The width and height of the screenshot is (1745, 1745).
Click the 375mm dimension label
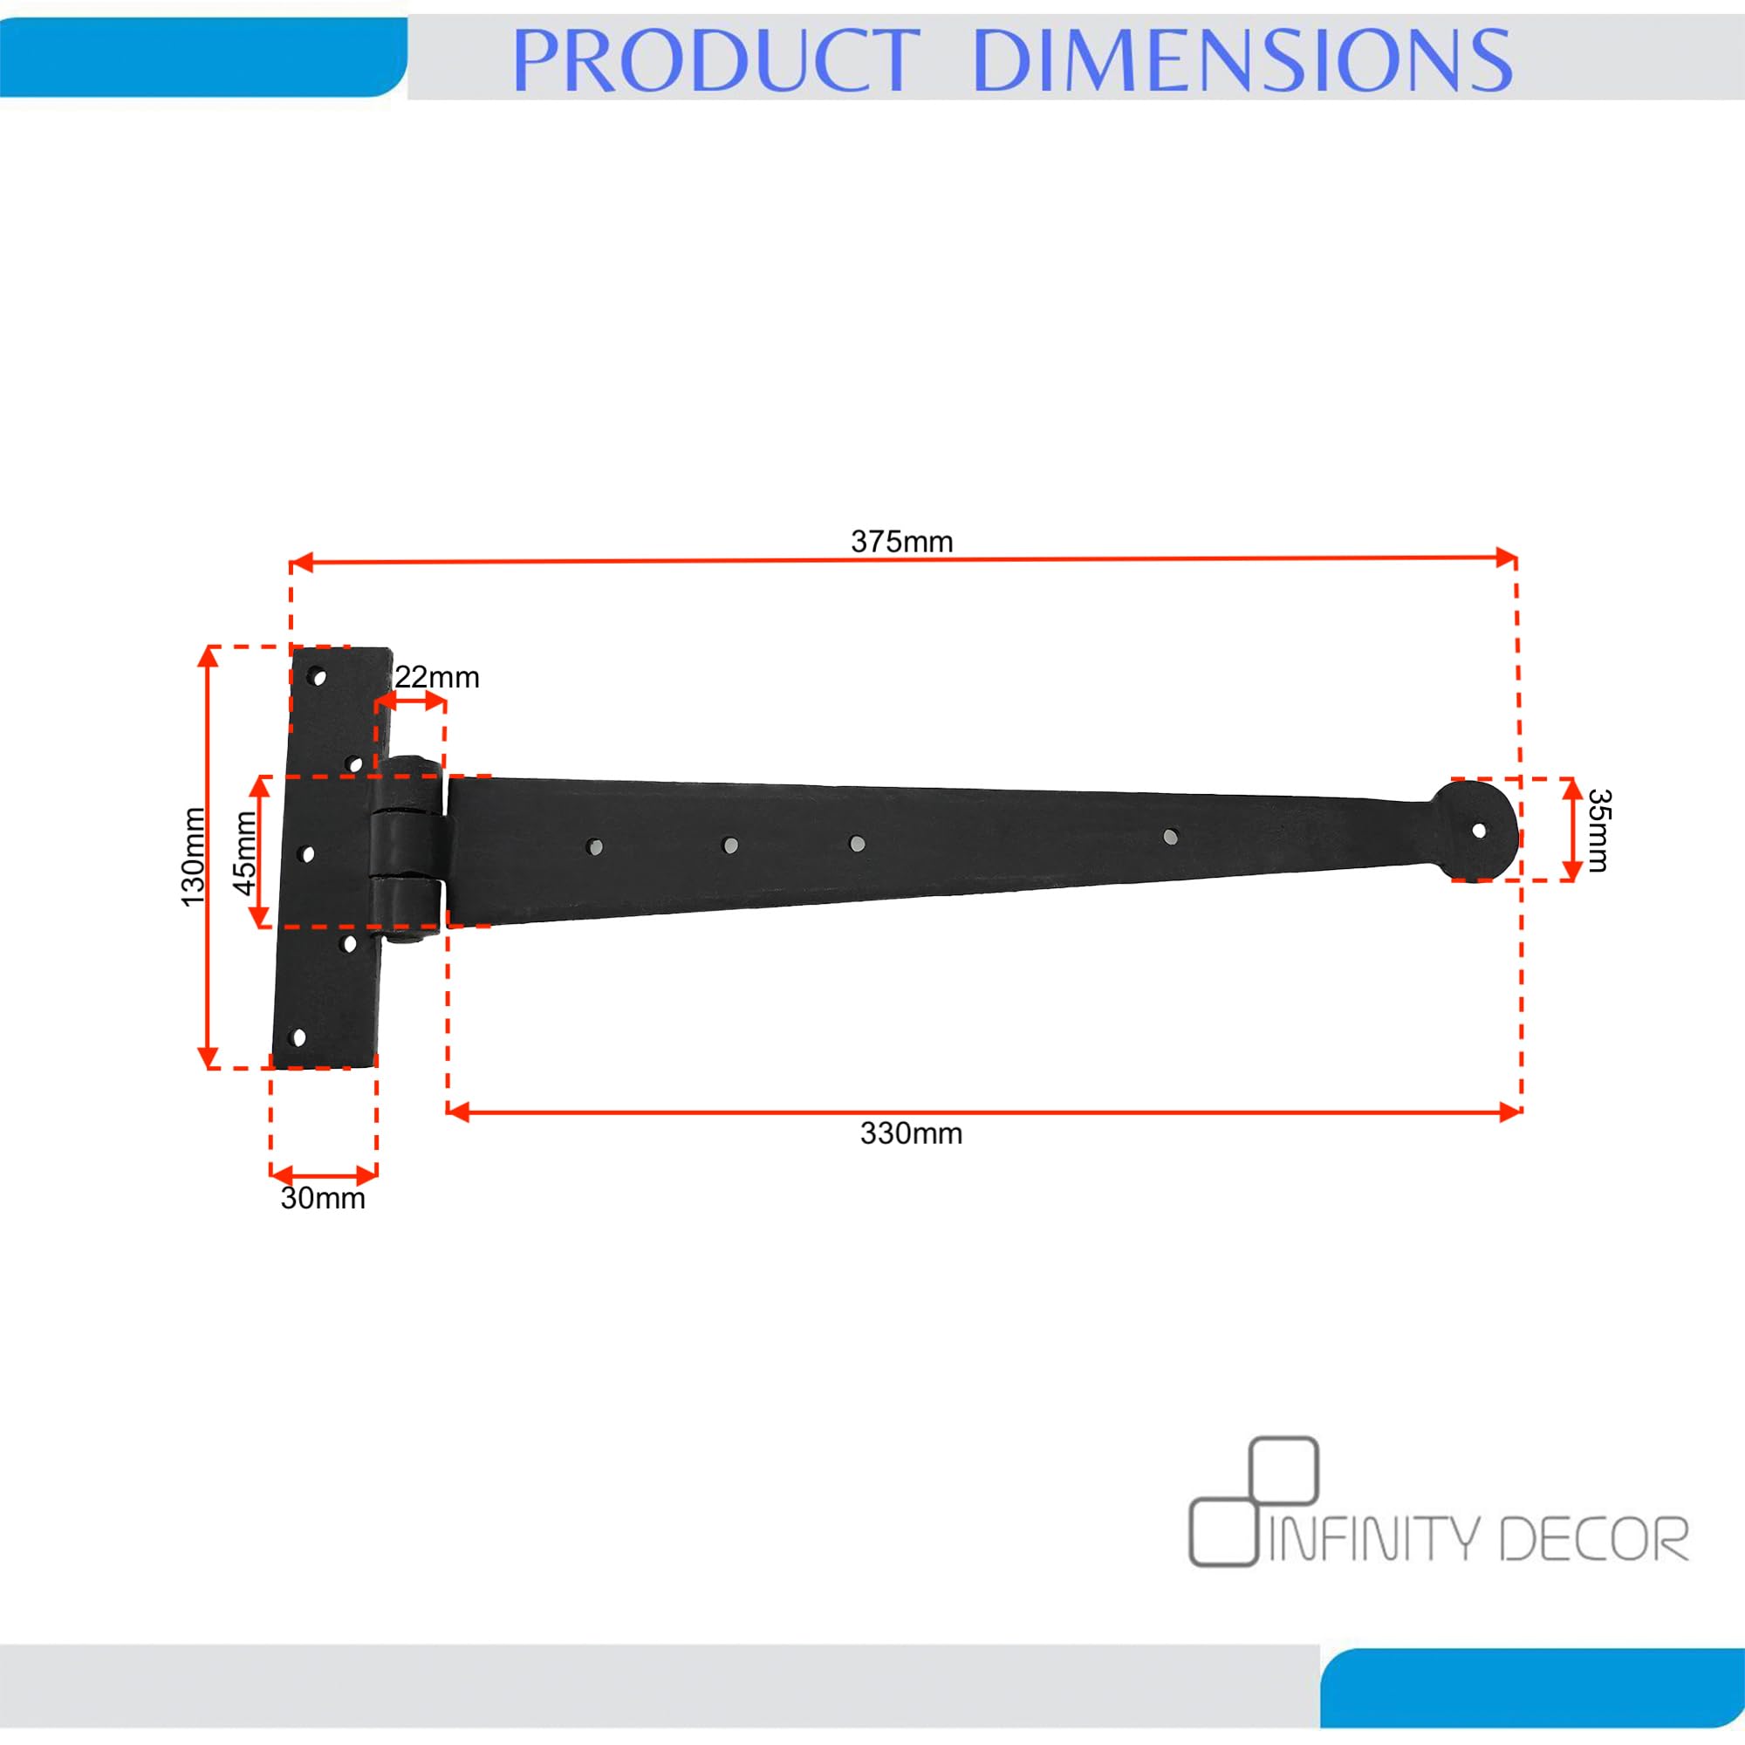[x=901, y=542]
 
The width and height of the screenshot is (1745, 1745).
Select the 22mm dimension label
[x=437, y=677]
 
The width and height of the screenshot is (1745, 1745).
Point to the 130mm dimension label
[x=194, y=856]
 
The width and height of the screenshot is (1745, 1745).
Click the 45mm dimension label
[x=246, y=852]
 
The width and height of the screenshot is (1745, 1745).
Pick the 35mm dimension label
[x=1598, y=830]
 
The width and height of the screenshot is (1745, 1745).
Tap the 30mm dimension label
[x=323, y=1199]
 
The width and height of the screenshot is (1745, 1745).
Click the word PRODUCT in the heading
[x=715, y=59]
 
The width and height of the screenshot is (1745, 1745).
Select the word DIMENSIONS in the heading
[x=1242, y=59]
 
